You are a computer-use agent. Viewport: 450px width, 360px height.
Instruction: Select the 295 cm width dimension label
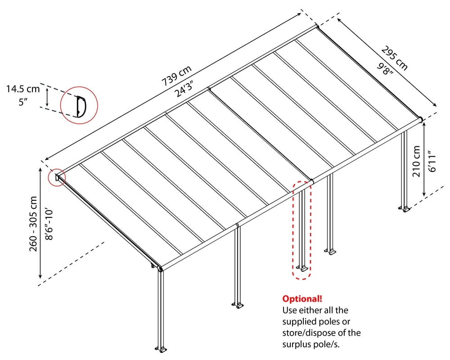(395, 58)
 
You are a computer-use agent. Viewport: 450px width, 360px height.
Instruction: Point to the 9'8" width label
(385, 68)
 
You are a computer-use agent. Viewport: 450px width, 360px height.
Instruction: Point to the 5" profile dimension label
(23, 102)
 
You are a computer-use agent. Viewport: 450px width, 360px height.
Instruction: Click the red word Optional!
(302, 299)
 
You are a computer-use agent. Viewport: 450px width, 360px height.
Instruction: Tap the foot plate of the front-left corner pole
(162, 349)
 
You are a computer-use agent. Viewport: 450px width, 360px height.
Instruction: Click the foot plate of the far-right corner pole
(405, 208)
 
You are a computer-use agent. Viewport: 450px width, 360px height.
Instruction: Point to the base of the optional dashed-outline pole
(302, 269)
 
